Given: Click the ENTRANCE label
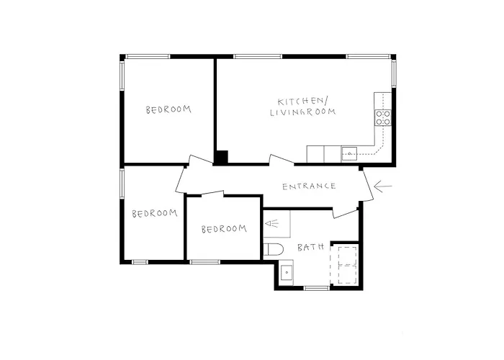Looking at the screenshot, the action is pyautogui.click(x=309, y=186).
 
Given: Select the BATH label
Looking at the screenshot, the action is pyautogui.click(x=310, y=247).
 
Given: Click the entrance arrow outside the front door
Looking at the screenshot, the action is pyautogui.click(x=383, y=186).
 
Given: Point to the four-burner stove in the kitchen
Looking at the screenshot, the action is pyautogui.click(x=383, y=117).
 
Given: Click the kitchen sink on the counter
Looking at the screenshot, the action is pyautogui.click(x=349, y=153).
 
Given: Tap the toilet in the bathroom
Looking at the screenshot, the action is pyautogui.click(x=274, y=249).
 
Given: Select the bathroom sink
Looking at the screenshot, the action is pyautogui.click(x=286, y=273).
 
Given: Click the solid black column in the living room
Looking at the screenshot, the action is pyautogui.click(x=222, y=157).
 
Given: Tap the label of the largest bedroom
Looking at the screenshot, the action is pyautogui.click(x=168, y=109).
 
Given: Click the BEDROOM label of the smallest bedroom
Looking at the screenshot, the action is pyautogui.click(x=224, y=229).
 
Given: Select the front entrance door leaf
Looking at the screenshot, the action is pyautogui.click(x=369, y=186).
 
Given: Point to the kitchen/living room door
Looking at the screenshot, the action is pyautogui.click(x=282, y=160).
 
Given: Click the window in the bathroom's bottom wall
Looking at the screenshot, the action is pyautogui.click(x=317, y=288).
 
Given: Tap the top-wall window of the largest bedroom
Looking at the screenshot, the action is pyautogui.click(x=148, y=57).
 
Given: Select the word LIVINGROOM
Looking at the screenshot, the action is pyautogui.click(x=303, y=112).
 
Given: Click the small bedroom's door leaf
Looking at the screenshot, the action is pyautogui.click(x=212, y=193).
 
